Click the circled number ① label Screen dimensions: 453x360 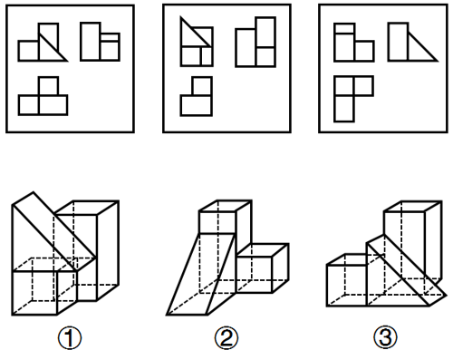click(x=70, y=338)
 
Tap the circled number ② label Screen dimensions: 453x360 click(x=226, y=338)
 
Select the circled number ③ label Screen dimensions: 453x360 click(x=385, y=337)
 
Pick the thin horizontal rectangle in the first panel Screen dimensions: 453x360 click(x=110, y=37)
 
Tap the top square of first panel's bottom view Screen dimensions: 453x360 click(x=48, y=86)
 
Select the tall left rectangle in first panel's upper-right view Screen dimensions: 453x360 click(x=91, y=42)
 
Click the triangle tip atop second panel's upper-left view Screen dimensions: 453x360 click(x=180, y=17)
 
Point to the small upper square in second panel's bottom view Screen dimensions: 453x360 click(x=202, y=86)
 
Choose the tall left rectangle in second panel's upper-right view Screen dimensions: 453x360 click(x=246, y=47)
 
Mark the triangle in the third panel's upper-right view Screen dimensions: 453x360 click(x=422, y=50)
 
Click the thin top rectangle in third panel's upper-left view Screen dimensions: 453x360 click(x=344, y=28)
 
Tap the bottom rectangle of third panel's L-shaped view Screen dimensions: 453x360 click(x=344, y=109)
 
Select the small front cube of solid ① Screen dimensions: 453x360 click(x=44, y=287)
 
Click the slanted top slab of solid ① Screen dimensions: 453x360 click(x=54, y=230)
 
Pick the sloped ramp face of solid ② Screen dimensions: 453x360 click(x=201, y=274)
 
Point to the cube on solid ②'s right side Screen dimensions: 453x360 click(x=262, y=268)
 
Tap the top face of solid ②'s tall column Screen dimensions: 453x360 click(x=226, y=206)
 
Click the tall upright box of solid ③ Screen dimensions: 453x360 click(x=413, y=242)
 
